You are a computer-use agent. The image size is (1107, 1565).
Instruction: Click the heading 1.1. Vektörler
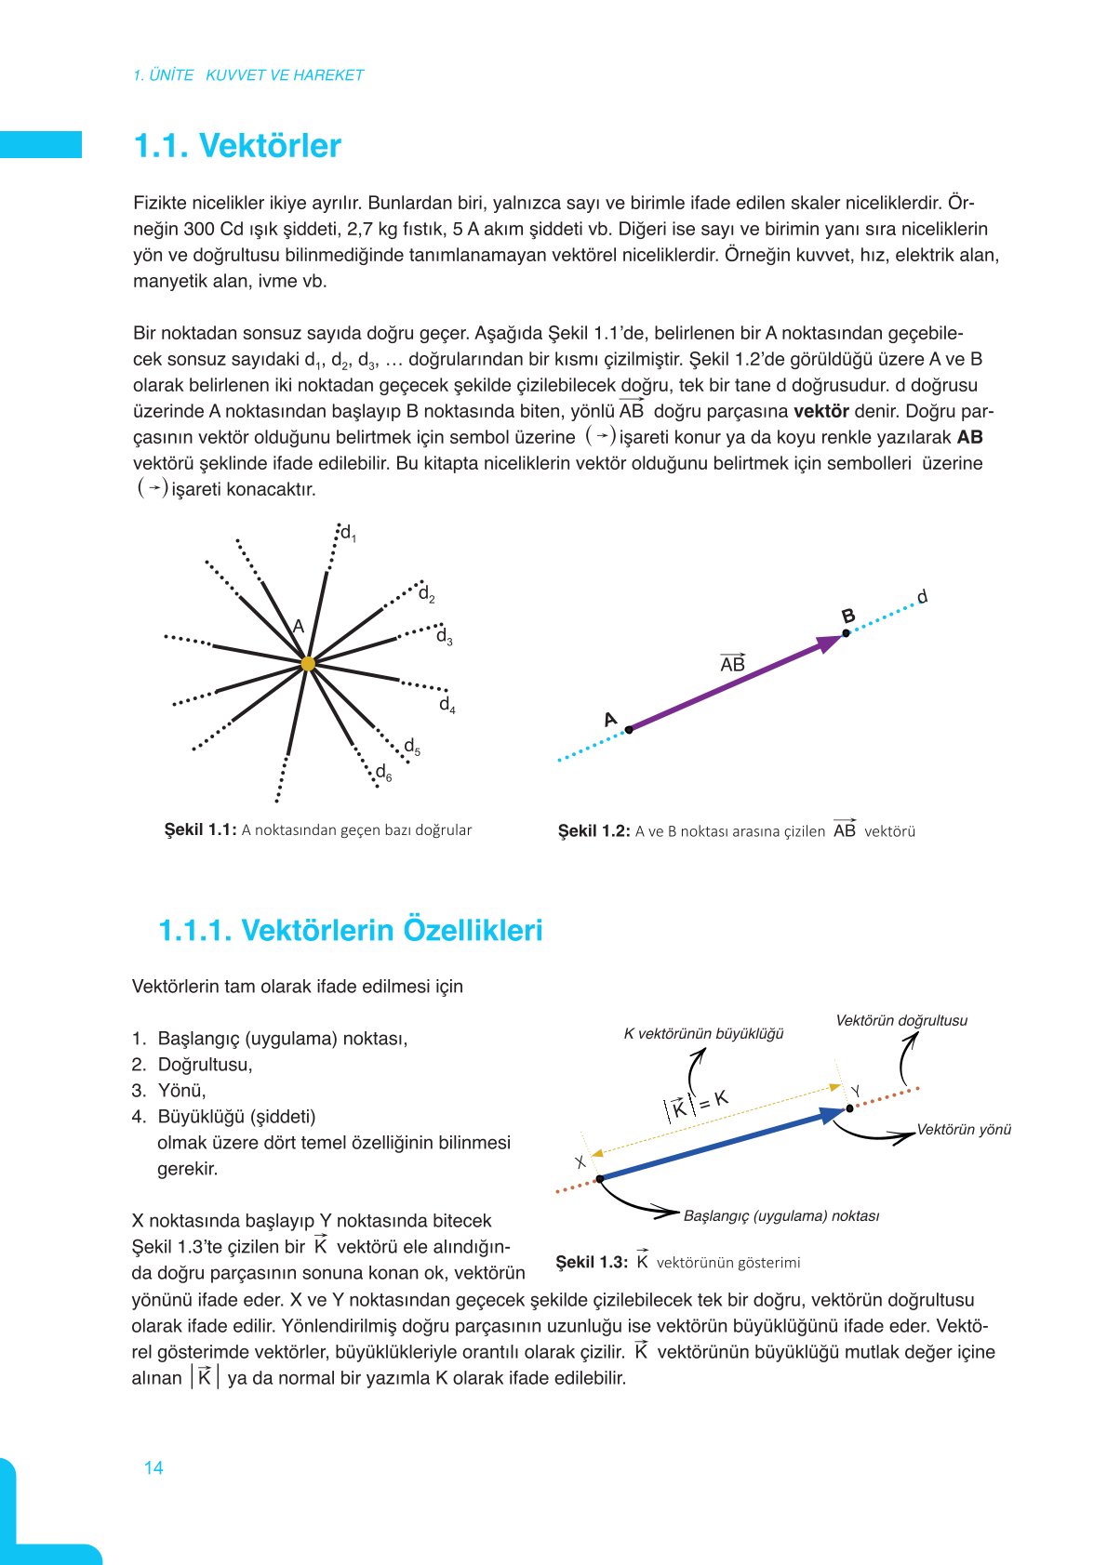[x=237, y=146]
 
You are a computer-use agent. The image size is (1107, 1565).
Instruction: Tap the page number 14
[x=153, y=1467]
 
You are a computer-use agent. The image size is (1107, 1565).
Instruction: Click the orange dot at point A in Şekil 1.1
[x=308, y=663]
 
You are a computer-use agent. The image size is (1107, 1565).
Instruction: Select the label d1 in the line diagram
[x=348, y=533]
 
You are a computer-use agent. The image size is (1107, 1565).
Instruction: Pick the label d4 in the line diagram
[x=447, y=704]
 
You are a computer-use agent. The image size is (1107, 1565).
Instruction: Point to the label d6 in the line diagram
[x=383, y=772]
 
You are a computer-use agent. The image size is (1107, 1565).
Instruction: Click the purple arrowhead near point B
[x=828, y=643]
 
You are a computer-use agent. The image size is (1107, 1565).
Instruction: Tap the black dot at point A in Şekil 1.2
[x=629, y=730]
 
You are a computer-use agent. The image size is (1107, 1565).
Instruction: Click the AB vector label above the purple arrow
[x=732, y=663]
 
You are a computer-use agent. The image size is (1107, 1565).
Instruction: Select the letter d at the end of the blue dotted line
[x=922, y=596]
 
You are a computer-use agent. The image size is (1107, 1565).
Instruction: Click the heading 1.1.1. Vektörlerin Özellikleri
[x=351, y=930]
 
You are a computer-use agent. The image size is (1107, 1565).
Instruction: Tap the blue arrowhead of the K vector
[x=832, y=1115]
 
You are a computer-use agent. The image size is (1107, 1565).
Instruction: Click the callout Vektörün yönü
[x=964, y=1130]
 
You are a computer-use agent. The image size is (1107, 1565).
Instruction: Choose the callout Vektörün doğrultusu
[x=900, y=1020]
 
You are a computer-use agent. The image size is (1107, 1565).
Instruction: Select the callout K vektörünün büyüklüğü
[x=703, y=1033]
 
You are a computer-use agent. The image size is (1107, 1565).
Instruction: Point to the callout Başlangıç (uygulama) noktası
[x=780, y=1215]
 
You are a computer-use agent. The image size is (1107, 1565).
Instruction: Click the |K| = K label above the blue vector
[x=697, y=1105]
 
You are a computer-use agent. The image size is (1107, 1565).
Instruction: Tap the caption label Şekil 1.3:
[x=591, y=1262]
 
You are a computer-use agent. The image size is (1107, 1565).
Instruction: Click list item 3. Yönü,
[x=169, y=1091]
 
